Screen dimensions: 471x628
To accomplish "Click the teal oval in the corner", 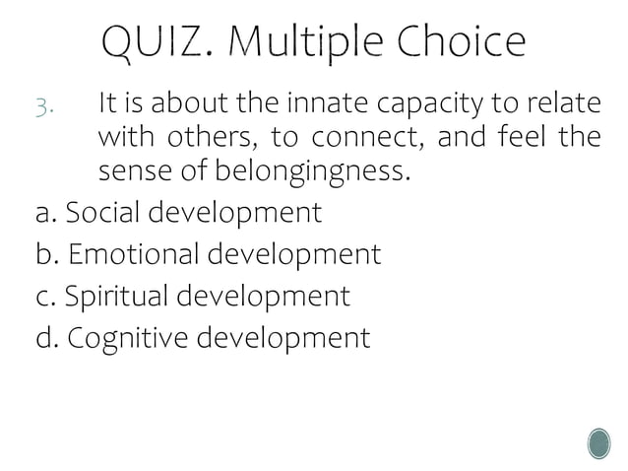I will coord(598,443).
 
